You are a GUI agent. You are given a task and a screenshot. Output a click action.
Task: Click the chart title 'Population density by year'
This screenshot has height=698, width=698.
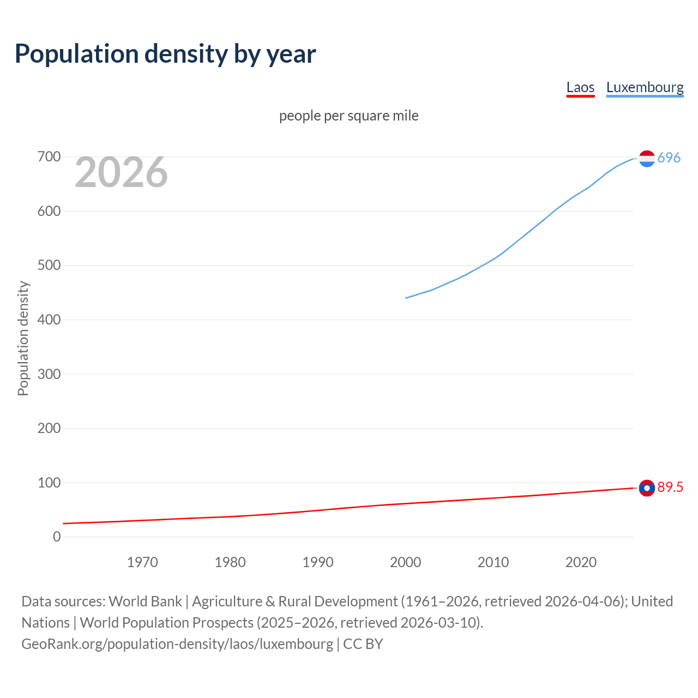[x=165, y=54]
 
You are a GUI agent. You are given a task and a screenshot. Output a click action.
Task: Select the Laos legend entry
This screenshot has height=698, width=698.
[x=580, y=87]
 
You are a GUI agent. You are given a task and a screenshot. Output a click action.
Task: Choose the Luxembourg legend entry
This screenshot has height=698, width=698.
[x=645, y=87]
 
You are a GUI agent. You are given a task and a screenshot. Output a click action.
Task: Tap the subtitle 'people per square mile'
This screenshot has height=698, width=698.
[x=348, y=116]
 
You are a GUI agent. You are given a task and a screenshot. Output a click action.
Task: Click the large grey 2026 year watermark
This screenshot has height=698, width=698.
[x=121, y=172]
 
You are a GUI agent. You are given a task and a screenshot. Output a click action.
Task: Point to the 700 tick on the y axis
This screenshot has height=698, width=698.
[x=49, y=157]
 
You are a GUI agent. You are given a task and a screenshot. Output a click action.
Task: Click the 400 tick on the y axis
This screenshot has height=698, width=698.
[x=49, y=320]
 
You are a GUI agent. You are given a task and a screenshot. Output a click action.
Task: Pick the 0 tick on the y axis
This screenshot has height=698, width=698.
[x=57, y=537]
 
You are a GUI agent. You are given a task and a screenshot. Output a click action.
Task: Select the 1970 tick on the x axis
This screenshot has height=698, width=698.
[x=142, y=562]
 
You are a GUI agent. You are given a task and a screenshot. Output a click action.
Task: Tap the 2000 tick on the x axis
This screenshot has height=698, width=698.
[x=405, y=562]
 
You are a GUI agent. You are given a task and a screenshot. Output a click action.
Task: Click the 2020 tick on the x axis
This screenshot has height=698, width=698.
[x=581, y=562]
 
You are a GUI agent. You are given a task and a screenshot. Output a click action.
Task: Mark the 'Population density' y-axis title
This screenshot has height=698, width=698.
[x=23, y=338]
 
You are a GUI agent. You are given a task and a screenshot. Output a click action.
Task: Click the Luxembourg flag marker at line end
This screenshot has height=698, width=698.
[x=647, y=159]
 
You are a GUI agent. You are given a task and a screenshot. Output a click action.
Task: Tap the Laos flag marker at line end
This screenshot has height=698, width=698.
[x=647, y=488]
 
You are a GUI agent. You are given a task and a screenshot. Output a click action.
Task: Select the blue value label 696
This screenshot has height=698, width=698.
[x=669, y=158]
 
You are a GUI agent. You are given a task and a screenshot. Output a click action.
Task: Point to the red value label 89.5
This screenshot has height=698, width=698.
[x=670, y=488]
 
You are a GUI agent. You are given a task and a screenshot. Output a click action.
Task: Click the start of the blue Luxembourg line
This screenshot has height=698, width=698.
[x=406, y=298]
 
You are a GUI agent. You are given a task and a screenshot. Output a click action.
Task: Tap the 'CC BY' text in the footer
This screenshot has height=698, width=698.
[x=363, y=644]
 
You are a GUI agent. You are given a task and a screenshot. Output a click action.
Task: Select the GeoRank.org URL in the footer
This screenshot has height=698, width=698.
[x=177, y=644]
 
